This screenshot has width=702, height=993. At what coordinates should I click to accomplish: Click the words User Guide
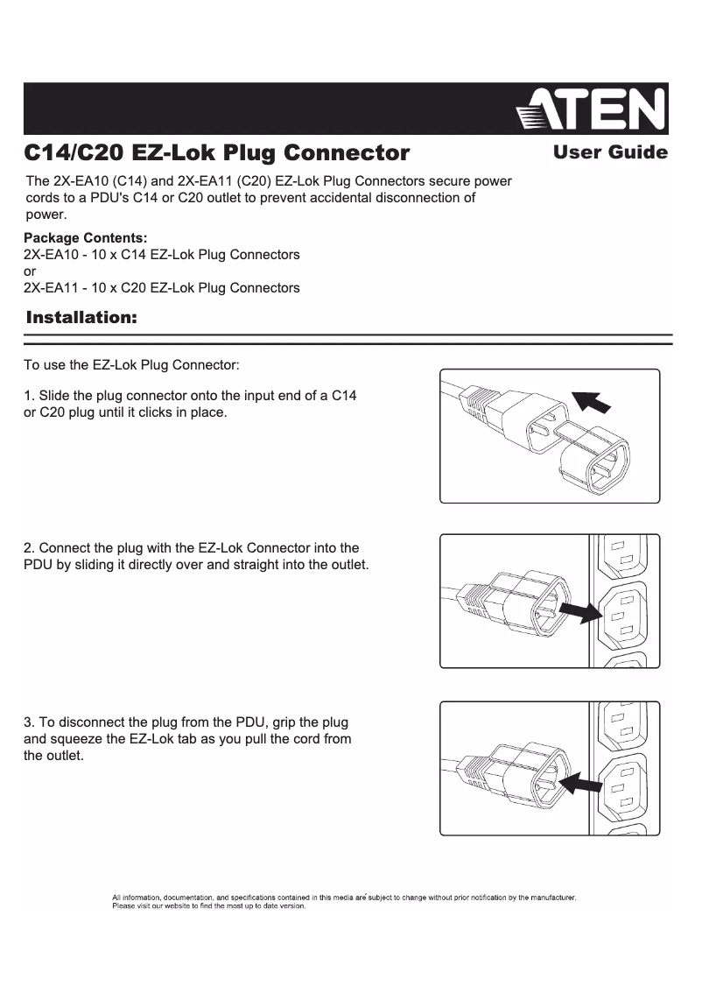tap(610, 153)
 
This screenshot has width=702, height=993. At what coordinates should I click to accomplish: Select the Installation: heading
tap(82, 317)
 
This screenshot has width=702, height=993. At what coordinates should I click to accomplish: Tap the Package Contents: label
tap(85, 238)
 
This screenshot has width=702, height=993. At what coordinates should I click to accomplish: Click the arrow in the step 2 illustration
tap(579, 609)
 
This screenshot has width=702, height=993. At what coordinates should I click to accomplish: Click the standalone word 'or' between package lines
tap(29, 271)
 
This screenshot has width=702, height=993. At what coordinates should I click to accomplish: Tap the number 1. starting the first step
tap(29, 396)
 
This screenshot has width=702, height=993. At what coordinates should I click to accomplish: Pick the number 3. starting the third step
tap(29, 722)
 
